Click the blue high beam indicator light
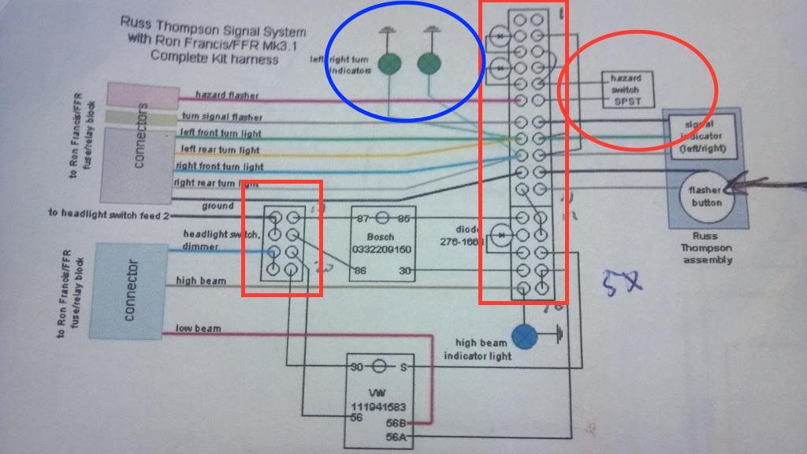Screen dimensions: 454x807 point(525,337)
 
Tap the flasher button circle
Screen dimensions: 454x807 point(705,196)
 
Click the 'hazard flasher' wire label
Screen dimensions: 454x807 point(227,95)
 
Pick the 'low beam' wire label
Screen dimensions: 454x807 point(198,328)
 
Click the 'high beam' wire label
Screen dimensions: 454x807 point(201,281)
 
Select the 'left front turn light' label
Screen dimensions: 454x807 point(221,133)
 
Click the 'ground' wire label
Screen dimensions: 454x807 point(217,207)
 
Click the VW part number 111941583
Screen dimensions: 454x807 point(379,407)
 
